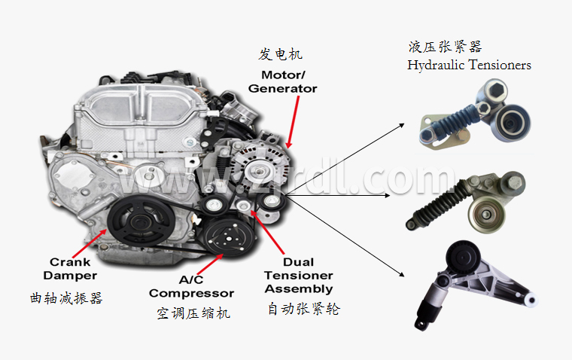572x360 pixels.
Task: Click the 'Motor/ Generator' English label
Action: point(282,82)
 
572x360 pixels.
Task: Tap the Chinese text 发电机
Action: point(280,54)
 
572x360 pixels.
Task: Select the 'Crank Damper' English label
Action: point(70,268)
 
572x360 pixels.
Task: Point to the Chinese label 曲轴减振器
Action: point(66,298)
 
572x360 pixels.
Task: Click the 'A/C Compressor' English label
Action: point(191,287)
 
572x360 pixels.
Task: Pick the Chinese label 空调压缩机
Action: point(193,313)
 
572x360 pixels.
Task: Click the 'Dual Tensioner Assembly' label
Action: point(299,276)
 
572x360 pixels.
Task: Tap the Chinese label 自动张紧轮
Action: point(303,309)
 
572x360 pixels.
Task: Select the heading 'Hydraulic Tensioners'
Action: point(469,65)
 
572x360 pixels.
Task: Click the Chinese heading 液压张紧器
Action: point(445,47)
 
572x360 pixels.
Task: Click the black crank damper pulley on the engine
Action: point(141,221)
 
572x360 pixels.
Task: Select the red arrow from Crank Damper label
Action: point(89,243)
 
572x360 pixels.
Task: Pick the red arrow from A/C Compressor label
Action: point(210,264)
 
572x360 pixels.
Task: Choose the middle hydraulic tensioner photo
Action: point(465,202)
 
